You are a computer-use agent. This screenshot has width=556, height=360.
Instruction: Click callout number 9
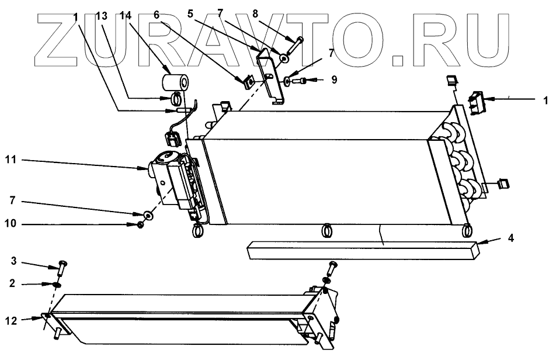[334, 79]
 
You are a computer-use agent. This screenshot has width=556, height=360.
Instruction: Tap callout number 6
[157, 13]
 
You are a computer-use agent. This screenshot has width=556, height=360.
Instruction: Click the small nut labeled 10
[141, 225]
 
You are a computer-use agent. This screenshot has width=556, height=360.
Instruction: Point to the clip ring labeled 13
[176, 98]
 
